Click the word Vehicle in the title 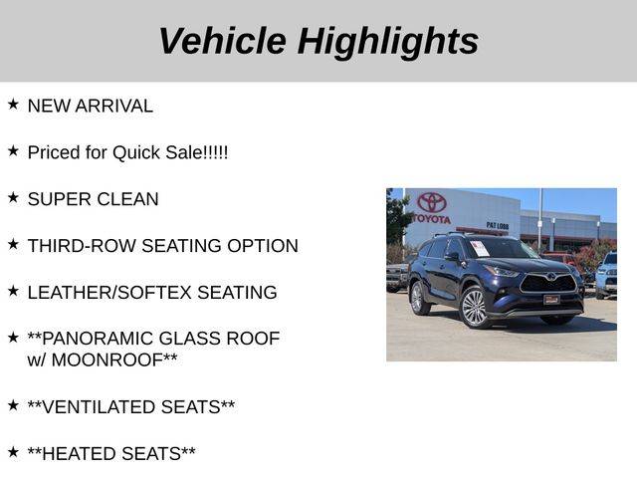click(x=223, y=41)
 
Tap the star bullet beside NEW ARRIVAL click(x=13, y=105)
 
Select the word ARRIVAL click(x=114, y=106)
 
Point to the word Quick click(x=136, y=152)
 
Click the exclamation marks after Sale click(x=215, y=152)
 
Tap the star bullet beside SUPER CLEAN click(x=13, y=198)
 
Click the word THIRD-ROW click(x=82, y=246)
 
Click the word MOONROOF click(x=107, y=360)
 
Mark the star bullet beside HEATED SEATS click(x=13, y=452)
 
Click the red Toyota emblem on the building click(x=432, y=202)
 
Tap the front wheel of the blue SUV click(x=474, y=307)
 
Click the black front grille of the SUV click(x=548, y=283)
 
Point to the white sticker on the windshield click(x=480, y=248)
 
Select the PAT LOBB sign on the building click(x=498, y=226)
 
